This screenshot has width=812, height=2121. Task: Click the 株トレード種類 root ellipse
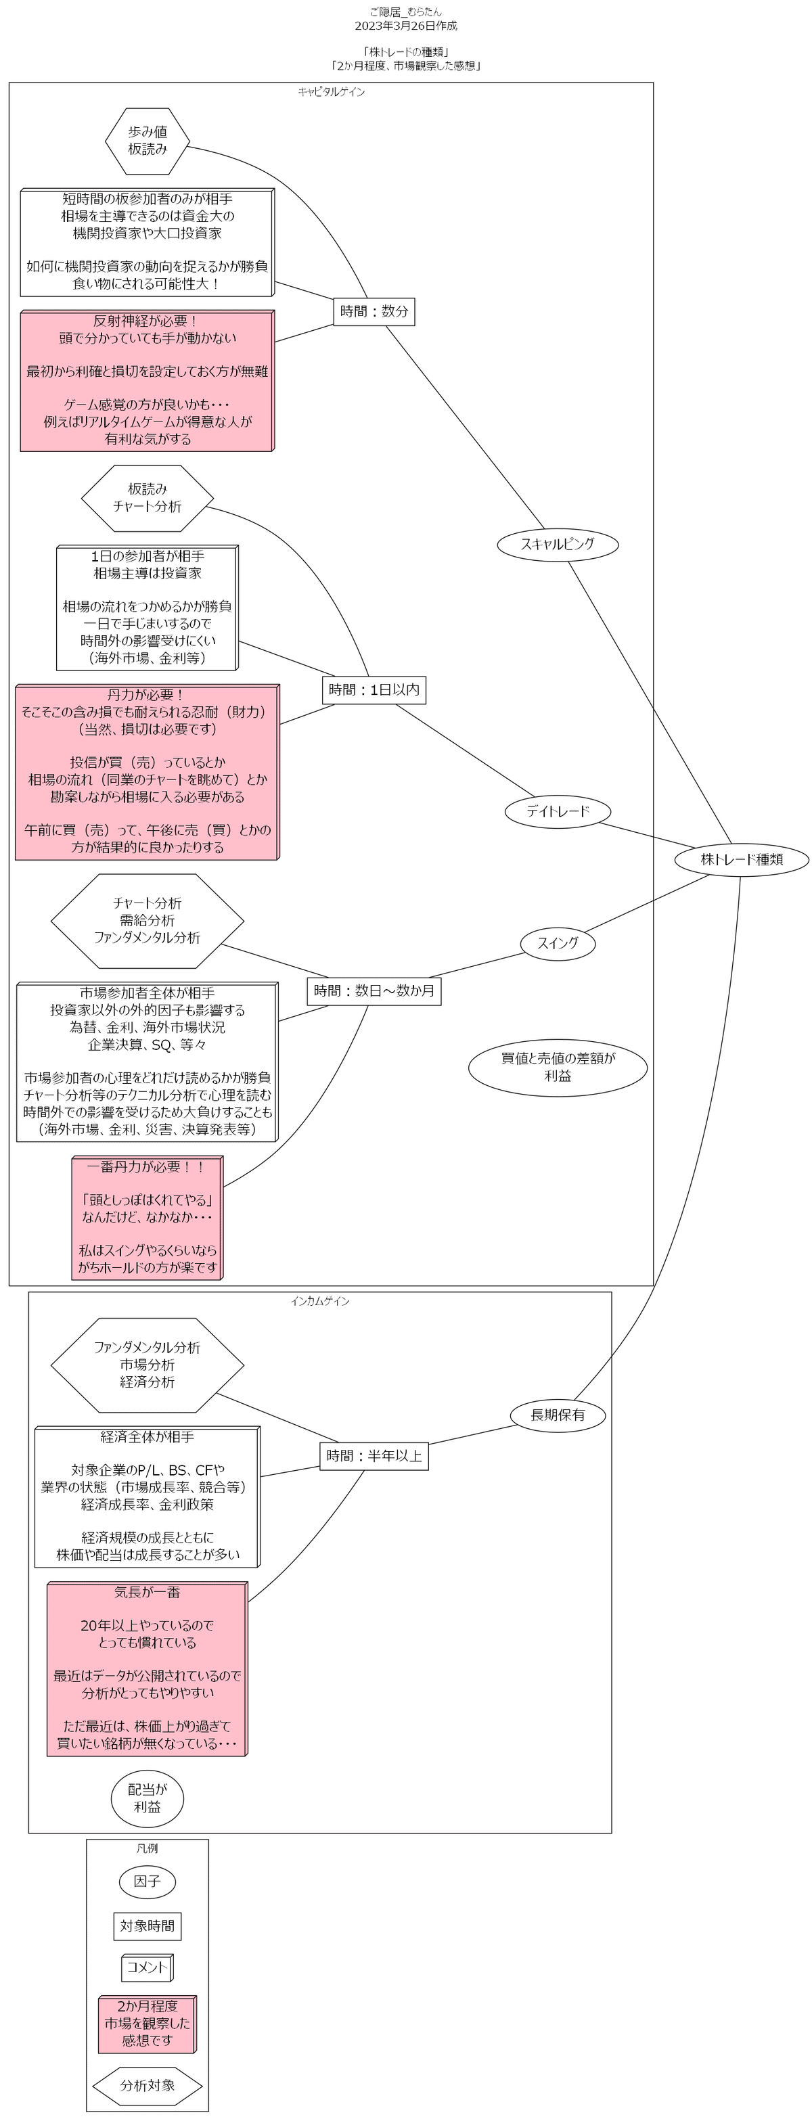(741, 859)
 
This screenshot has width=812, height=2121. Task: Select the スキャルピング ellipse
(558, 543)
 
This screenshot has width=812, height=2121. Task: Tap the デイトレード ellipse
(558, 811)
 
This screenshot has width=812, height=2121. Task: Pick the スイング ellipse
(558, 942)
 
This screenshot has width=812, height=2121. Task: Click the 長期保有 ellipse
(558, 1415)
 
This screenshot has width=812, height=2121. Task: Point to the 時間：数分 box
(374, 311)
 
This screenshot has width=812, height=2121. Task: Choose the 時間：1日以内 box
(374, 690)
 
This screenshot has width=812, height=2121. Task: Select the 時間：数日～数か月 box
(374, 990)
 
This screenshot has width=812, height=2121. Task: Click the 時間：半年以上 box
(374, 1456)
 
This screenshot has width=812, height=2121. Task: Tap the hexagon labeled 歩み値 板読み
(148, 141)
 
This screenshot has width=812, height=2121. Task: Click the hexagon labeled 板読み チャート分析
(148, 498)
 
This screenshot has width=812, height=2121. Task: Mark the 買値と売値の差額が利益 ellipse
(558, 1067)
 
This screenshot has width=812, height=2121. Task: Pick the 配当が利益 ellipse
(148, 1798)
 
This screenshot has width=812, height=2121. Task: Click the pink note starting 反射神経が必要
(147, 380)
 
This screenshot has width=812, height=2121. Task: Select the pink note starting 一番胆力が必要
(147, 1217)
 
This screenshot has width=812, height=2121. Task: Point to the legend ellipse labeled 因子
(148, 1881)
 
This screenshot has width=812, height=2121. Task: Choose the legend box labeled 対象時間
(148, 1926)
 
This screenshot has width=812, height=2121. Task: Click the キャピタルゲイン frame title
(331, 91)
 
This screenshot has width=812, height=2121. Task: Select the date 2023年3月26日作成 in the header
(405, 26)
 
